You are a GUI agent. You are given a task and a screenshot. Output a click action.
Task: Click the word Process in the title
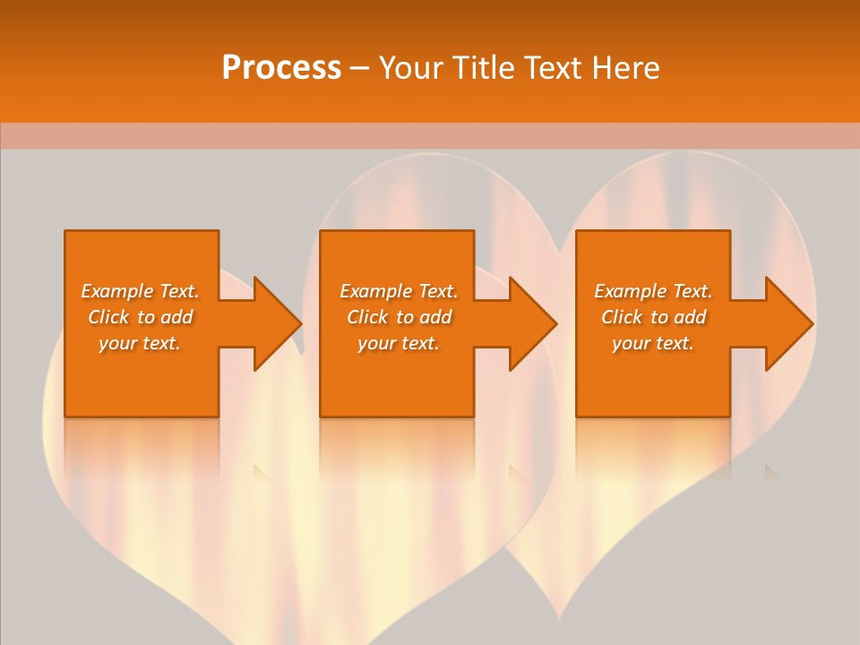(281, 68)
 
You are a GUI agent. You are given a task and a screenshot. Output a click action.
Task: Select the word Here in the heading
(624, 68)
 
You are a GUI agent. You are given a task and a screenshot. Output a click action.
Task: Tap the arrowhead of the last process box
(787, 323)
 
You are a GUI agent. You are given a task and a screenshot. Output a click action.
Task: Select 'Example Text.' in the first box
(140, 291)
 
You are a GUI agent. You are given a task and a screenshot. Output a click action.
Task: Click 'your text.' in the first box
(140, 343)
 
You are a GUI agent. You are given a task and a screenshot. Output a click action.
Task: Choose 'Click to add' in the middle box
(399, 317)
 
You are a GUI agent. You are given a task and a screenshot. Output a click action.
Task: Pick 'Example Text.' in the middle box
(399, 291)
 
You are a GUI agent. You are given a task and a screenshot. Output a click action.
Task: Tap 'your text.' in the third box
(653, 343)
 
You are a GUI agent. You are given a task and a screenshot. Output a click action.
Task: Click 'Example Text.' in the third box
(653, 291)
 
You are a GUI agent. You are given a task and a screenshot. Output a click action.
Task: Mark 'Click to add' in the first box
(140, 317)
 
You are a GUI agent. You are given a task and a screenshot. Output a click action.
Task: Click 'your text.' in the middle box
(399, 343)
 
